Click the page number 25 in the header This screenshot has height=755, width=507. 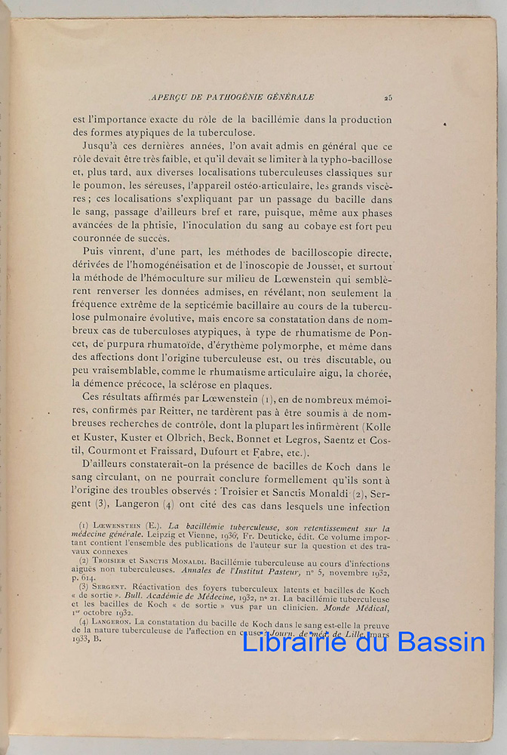(387, 97)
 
